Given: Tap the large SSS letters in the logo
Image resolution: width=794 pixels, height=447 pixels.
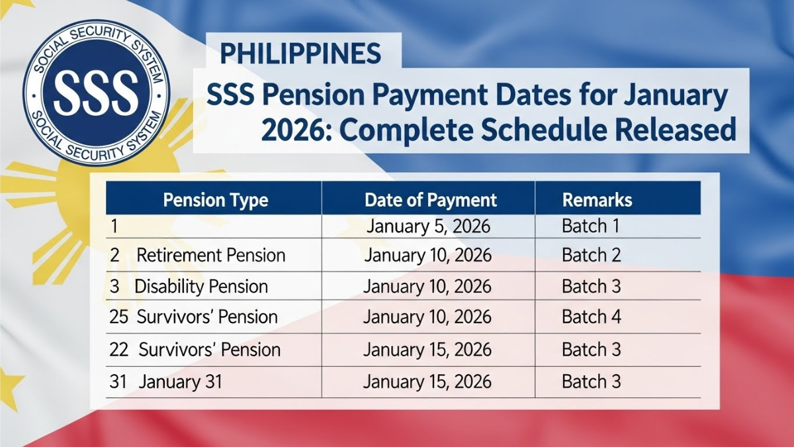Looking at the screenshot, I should tap(96, 91).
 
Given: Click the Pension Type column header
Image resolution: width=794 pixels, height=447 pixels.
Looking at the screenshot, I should tap(215, 200).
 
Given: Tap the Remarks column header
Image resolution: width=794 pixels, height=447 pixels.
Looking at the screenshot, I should tap(597, 200).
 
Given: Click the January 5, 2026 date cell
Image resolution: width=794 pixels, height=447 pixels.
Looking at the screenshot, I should tap(428, 226).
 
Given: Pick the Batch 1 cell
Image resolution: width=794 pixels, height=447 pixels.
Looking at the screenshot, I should tap(590, 226).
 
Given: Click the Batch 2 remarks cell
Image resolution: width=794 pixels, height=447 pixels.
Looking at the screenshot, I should tap(591, 256).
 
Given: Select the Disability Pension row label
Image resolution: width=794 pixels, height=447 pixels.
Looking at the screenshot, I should tap(202, 287).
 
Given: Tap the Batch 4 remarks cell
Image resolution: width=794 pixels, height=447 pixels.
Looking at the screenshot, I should tap(592, 317).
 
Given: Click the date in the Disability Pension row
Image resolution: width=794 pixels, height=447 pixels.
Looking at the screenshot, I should tap(427, 287).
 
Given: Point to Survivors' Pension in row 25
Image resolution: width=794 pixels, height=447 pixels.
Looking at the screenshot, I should tap(207, 317).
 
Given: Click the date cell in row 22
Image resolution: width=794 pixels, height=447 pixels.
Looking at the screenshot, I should tap(427, 350).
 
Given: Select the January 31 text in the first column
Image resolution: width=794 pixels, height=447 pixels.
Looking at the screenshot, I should tap(181, 382).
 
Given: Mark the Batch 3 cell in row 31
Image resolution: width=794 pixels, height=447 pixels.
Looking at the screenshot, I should tap(592, 382).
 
